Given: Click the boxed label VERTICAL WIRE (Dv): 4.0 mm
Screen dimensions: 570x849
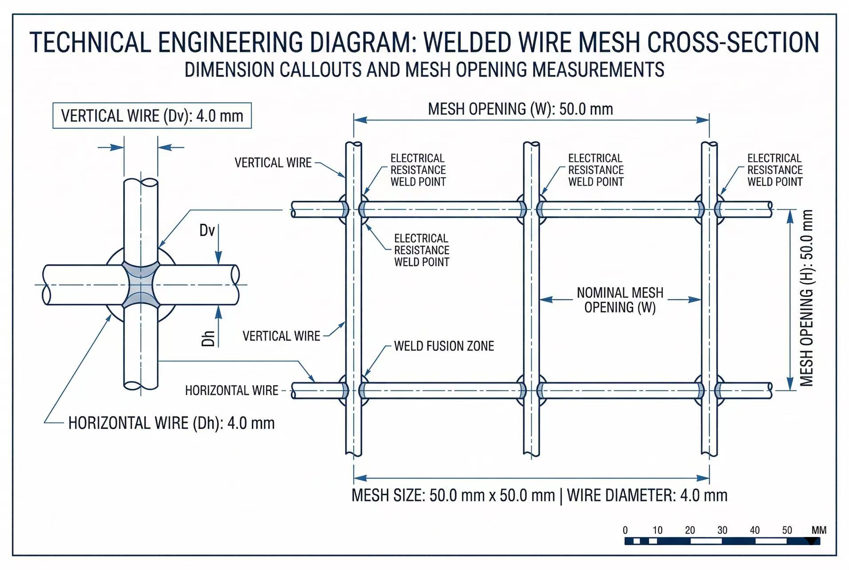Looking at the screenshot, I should (x=152, y=116).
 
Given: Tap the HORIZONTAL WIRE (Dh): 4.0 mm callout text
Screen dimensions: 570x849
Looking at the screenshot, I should (x=171, y=423).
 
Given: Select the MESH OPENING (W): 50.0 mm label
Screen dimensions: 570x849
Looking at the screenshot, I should (x=520, y=109).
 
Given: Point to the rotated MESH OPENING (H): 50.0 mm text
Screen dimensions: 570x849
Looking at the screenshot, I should (x=807, y=297).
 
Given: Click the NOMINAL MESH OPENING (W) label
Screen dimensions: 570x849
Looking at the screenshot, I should (x=620, y=300).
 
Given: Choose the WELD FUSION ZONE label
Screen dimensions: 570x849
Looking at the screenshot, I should (x=444, y=346).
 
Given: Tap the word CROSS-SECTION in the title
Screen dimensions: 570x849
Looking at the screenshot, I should (x=732, y=43).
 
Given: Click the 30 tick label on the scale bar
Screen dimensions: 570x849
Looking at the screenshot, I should (x=722, y=530).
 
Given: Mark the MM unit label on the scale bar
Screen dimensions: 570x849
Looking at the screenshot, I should (x=819, y=530).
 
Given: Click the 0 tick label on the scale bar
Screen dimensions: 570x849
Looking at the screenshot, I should (x=625, y=530).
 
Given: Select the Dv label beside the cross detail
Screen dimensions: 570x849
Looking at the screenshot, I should (x=207, y=230).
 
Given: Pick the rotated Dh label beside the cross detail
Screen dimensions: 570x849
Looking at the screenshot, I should (x=208, y=338).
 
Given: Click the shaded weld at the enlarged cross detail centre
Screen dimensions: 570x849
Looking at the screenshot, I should (x=141, y=285).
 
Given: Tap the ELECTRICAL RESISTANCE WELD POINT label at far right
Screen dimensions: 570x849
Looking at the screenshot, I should (x=775, y=170).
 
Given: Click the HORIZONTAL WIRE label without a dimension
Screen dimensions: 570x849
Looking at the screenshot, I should (x=231, y=391).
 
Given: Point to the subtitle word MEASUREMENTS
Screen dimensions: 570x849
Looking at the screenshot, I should (x=598, y=70).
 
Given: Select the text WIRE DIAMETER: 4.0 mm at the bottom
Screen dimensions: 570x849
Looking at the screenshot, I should (x=647, y=495).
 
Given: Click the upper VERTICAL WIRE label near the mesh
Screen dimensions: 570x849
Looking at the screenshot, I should (x=273, y=163).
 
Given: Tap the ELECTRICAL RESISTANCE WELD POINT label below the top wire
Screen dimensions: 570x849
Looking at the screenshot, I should (x=421, y=250).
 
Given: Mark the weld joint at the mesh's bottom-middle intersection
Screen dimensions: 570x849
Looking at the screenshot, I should (x=531, y=391).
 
